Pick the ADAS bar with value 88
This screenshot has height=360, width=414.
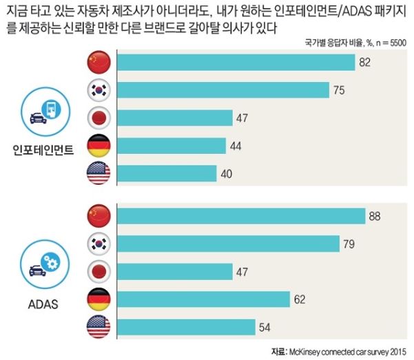tap(242, 216)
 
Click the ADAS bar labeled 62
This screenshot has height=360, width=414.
tap(204, 299)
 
